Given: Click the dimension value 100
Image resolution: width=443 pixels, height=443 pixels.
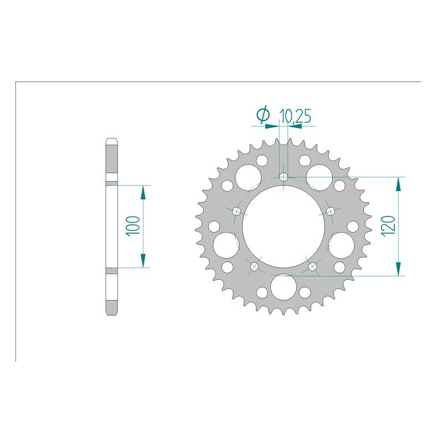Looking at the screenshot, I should [133, 226].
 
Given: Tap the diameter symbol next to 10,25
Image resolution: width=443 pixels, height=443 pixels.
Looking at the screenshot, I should [263, 115].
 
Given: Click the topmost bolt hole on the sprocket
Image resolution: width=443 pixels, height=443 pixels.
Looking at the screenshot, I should [284, 177].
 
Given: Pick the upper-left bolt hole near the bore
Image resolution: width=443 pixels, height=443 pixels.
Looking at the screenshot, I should [236, 211].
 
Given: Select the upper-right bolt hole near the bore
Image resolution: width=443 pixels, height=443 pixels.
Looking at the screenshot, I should [331, 211].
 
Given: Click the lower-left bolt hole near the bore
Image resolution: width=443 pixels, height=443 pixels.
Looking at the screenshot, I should [255, 267].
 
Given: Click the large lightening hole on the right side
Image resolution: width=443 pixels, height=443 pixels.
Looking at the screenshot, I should [342, 244].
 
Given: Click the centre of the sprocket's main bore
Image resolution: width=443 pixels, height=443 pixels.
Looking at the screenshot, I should [284, 227].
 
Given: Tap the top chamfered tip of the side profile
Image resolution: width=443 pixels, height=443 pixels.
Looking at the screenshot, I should [111, 140].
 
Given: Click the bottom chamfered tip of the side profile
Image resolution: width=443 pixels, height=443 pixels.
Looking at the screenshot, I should [111, 313].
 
